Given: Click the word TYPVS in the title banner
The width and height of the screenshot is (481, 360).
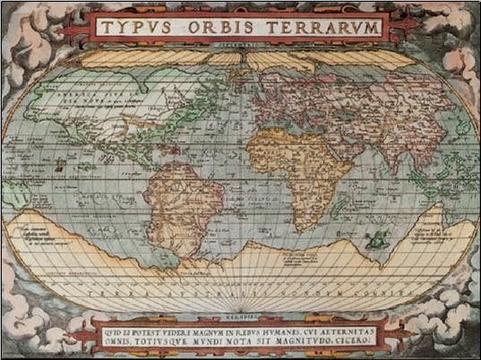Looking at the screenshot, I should coord(134,27).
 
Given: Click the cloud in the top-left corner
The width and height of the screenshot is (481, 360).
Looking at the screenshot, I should coord(27,27).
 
